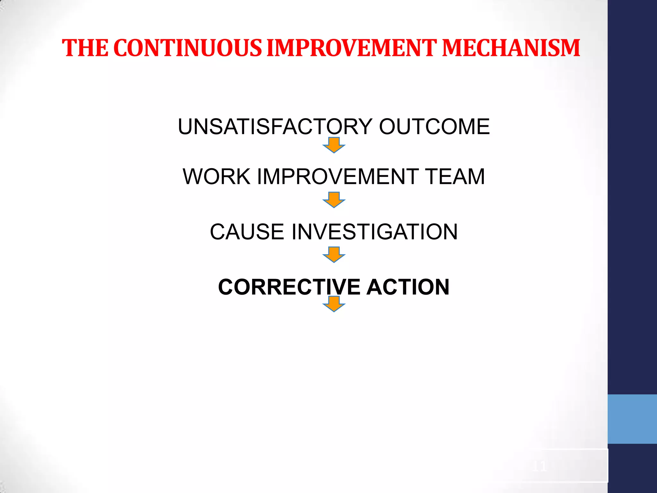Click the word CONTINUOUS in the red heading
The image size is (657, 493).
coord(188,48)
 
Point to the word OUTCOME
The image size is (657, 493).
coord(434,126)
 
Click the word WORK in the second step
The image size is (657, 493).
coord(217,177)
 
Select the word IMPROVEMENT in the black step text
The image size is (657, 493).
coord(338,177)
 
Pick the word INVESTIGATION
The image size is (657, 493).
coord(374,232)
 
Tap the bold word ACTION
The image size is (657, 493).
coord(408,287)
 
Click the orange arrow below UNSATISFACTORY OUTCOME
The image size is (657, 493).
coord(334,145)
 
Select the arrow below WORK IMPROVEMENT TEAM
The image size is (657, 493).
coord(334,200)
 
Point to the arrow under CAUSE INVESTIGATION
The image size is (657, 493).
coord(334,255)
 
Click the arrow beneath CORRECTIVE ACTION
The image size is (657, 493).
coord(334,304)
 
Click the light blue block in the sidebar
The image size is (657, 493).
coord(632,419)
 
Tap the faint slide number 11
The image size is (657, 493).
coord(539,466)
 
